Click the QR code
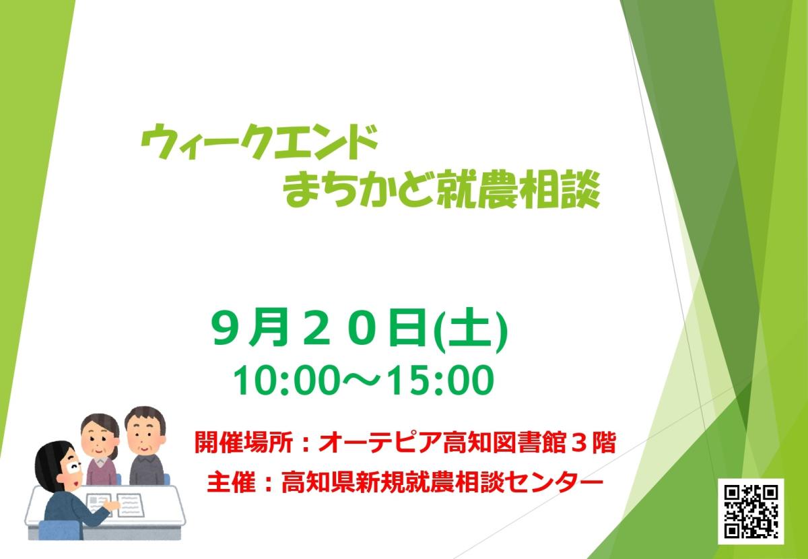[x=751, y=511]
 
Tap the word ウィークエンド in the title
[x=259, y=141]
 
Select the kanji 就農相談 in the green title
[x=519, y=190]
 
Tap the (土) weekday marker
[x=471, y=331]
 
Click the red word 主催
[x=231, y=482]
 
